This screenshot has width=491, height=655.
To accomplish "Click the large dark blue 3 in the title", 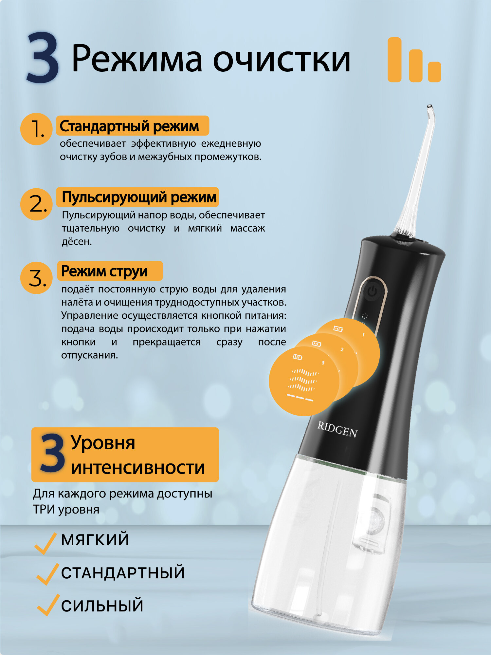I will click(43, 58).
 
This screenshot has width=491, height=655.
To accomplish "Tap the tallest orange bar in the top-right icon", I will click(394, 60).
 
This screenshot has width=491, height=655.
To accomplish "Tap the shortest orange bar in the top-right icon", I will click(434, 72).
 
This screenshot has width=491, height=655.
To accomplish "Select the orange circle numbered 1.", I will click(36, 129).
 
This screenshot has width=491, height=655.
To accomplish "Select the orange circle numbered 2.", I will click(36, 204).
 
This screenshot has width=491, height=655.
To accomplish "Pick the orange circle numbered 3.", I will click(36, 278).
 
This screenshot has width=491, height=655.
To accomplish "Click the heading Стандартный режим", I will click(129, 126).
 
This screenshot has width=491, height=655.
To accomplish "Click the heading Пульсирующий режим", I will click(139, 197).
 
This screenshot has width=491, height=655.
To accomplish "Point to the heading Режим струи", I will click(104, 271).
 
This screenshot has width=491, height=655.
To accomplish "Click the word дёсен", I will click(77, 242).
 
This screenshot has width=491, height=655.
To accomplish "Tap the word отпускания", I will click(89, 355).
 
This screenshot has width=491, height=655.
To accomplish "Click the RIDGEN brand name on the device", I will click(337, 429).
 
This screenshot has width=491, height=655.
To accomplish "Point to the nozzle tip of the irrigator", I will click(430, 107).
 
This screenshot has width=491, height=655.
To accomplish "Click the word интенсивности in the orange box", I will click(138, 468).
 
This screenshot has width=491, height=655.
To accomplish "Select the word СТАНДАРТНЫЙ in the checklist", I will click(123, 573).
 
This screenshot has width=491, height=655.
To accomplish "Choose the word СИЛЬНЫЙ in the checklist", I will click(102, 606).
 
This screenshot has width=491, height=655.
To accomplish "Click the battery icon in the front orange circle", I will click(297, 357).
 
